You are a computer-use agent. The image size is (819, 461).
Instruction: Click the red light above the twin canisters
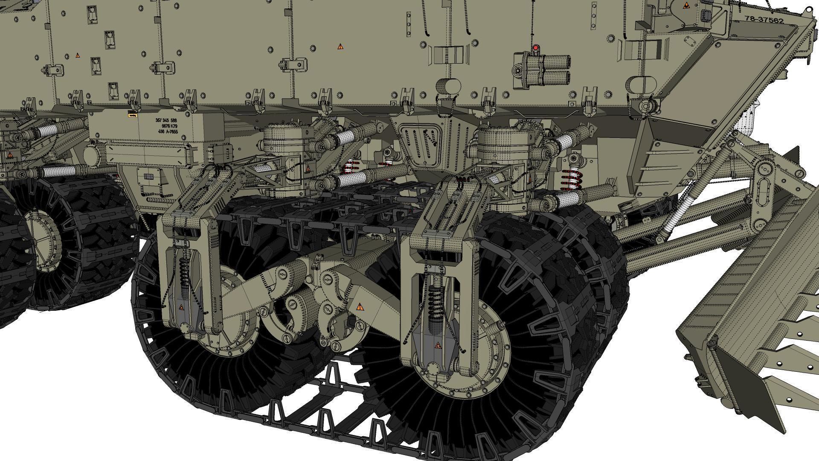click(534, 47)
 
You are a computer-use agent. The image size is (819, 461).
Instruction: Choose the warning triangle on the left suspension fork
click(181, 307)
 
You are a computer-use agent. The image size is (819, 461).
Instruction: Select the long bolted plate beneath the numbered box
click(147, 154)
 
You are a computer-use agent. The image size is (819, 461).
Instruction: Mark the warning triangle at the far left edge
click(9, 155)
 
